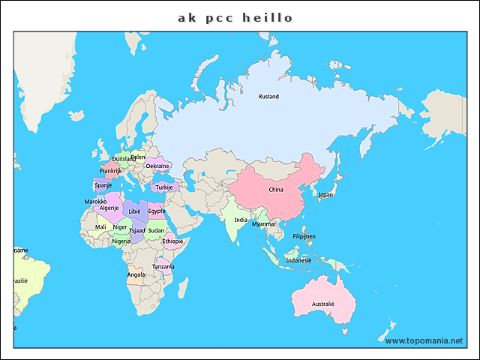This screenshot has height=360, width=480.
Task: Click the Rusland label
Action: pos(268,97)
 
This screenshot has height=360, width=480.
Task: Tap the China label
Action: pos(276,190)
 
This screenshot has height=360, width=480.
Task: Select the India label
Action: pos(240,220)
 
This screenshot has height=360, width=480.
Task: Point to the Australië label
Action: pos(323,304)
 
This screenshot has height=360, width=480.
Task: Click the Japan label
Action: pos(325,195)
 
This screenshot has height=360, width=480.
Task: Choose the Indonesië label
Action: pos(298,260)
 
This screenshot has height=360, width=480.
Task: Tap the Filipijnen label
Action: pos(304,236)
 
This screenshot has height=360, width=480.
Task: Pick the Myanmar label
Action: pos(264,223)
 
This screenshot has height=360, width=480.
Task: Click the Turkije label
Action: pos(164,187)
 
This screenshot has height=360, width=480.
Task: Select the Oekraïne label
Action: pos(157,166)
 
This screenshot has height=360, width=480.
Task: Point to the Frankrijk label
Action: pos(111,171)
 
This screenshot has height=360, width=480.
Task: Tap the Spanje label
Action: pos(103,185)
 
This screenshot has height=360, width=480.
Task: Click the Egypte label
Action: pos(157,211)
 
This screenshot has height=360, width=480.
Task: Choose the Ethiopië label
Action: pos(172,241)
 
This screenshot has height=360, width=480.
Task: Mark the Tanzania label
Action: pos(163,266)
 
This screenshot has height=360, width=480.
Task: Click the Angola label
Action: pos(136,274)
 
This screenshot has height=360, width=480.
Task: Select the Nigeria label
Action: pos(121,241)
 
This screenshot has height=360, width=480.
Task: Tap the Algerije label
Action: pos(109,208)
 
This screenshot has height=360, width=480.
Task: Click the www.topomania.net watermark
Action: pos(424,340)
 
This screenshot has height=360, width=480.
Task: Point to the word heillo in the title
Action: pos(268,16)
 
